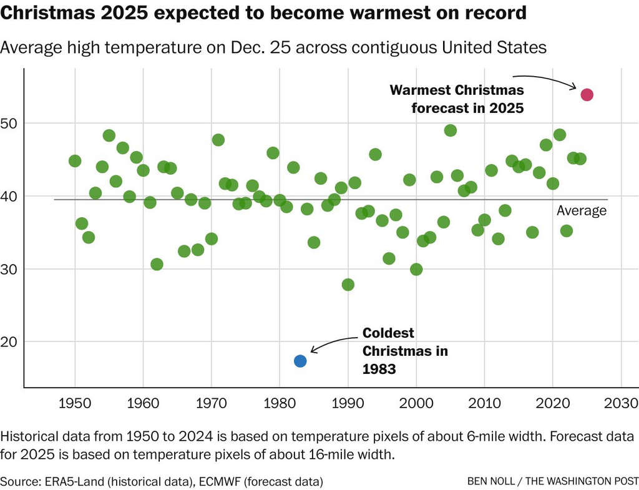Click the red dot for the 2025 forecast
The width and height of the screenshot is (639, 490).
pyautogui.click(x=587, y=95)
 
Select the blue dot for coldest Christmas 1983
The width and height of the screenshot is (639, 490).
pyautogui.click(x=300, y=361)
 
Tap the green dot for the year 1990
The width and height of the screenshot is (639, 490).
pyautogui.click(x=348, y=285)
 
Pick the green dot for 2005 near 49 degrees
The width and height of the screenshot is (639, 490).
pyautogui.click(x=451, y=130)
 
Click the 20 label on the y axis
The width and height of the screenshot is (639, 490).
pyautogui.click(x=12, y=342)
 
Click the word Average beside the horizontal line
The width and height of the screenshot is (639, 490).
pyautogui.click(x=582, y=211)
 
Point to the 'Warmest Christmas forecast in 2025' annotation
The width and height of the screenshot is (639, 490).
pyautogui.click(x=457, y=99)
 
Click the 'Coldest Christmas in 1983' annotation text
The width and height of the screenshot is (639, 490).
pyautogui.click(x=405, y=351)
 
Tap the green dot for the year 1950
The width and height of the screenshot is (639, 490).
pyautogui.click(x=75, y=161)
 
